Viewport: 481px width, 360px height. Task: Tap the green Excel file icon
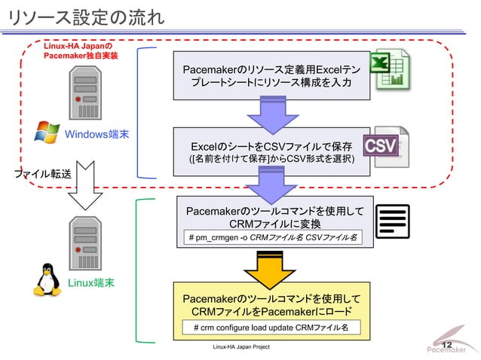(x=391, y=69)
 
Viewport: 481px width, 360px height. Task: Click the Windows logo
(x=47, y=134)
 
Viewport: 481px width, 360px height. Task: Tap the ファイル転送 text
(x=43, y=174)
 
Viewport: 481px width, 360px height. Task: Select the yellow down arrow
(x=270, y=267)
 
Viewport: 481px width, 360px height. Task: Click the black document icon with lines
(x=392, y=221)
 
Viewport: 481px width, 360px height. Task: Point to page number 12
(x=447, y=344)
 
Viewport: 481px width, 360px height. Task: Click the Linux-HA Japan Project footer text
(x=240, y=348)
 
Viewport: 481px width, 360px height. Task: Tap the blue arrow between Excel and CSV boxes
(x=270, y=115)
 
